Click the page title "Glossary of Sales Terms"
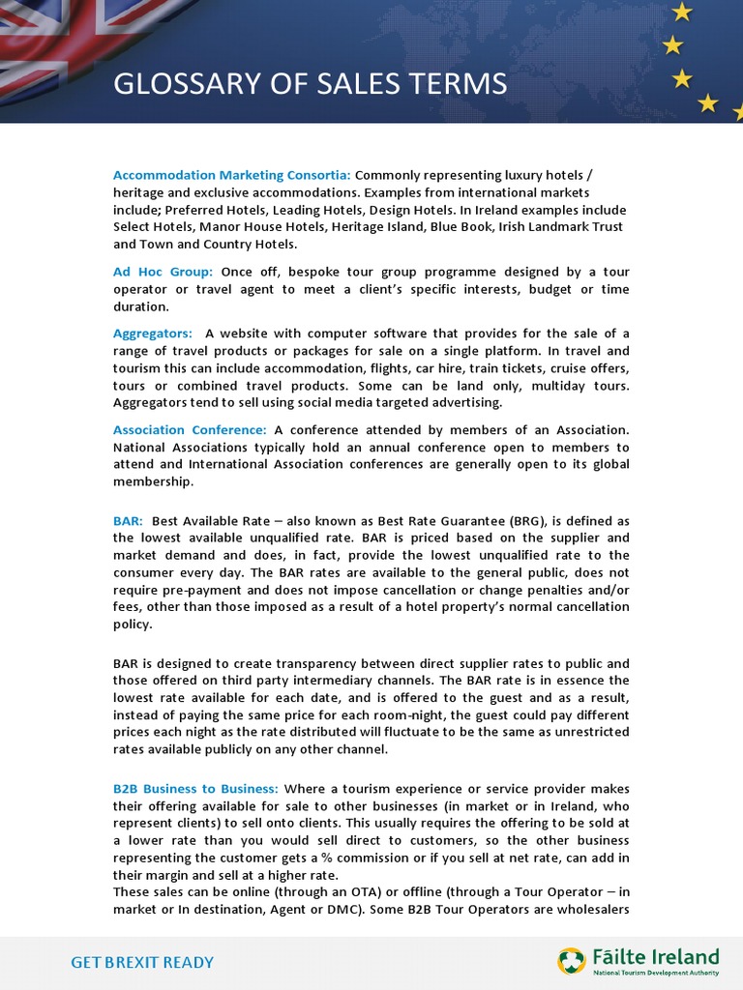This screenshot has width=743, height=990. click(x=310, y=84)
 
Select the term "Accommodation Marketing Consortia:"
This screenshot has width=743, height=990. click(x=231, y=175)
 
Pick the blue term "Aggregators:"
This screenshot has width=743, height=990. click(x=152, y=334)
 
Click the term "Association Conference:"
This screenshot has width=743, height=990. click(x=190, y=430)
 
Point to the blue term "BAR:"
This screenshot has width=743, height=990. click(x=128, y=520)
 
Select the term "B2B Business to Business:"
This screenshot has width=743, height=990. click(x=195, y=789)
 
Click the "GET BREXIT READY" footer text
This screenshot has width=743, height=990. click(x=142, y=962)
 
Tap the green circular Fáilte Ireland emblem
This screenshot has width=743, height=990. click(x=571, y=961)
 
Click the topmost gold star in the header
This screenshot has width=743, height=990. click(x=682, y=12)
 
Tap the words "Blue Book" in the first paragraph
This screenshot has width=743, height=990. click(x=453, y=227)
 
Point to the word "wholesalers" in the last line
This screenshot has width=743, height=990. click(x=588, y=908)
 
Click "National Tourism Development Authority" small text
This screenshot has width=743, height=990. click(x=655, y=974)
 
